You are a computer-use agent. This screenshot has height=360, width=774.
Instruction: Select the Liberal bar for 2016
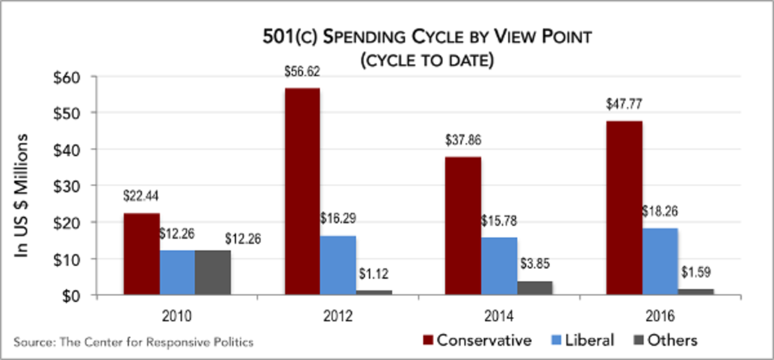pyautogui.click(x=660, y=261)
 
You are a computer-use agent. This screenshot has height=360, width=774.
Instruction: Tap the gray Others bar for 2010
pyautogui.click(x=213, y=272)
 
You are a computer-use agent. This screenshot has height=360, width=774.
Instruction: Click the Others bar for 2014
pyautogui.click(x=535, y=288)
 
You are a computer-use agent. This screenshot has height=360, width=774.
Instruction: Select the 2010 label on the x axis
pyautogui.click(x=176, y=316)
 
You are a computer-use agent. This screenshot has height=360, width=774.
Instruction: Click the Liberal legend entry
pyautogui.click(x=584, y=339)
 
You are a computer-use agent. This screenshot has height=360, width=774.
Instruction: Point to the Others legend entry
pyautogui.click(x=667, y=339)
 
